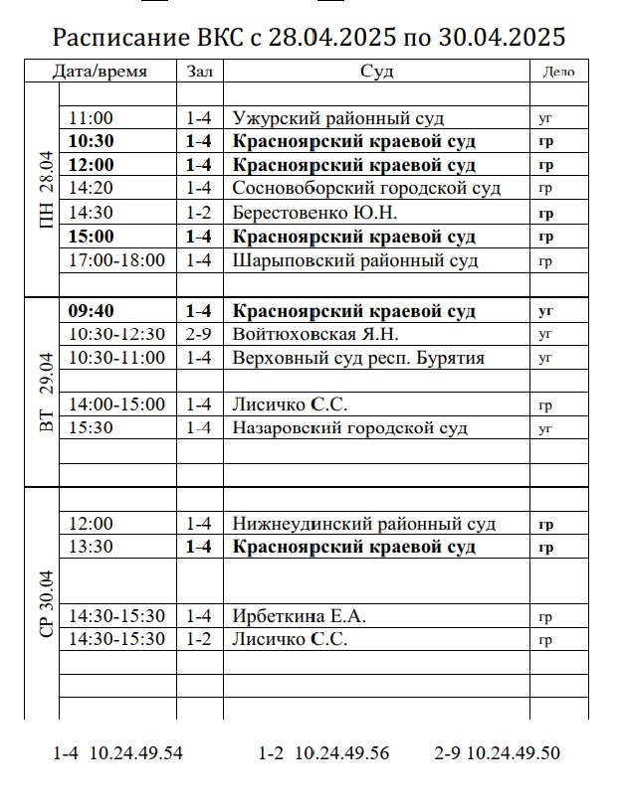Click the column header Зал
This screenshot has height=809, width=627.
199,72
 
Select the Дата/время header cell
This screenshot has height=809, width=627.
100,72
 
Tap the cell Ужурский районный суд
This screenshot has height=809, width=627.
337,118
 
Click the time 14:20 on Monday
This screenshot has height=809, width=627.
91,188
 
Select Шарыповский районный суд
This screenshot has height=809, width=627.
355,260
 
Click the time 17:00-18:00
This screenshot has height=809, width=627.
115,260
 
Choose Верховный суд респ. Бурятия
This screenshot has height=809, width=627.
358,358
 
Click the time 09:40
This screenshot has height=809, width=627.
91,311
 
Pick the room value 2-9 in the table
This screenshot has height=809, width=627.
199,334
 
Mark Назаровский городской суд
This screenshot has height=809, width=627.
349,428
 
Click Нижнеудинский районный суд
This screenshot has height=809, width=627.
363,524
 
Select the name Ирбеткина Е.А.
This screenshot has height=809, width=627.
299,616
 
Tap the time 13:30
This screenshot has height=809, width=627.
91,548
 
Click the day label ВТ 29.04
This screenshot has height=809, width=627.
44,392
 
